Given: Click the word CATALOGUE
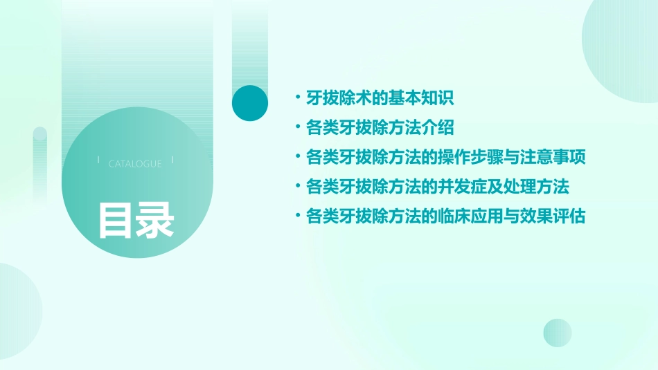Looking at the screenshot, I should [135, 164].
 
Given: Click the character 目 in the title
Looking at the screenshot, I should [116, 220].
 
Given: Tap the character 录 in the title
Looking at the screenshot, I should [155, 220].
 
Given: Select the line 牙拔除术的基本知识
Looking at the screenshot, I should [380, 98].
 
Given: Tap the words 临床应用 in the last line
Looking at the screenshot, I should [470, 217].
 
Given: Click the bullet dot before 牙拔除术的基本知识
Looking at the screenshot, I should [298, 98].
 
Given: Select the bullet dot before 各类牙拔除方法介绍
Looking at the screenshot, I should [298, 128].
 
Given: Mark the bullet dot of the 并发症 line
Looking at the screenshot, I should [298, 187].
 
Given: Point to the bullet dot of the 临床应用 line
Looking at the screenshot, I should [298, 217].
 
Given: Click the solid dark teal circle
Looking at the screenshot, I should [250, 103].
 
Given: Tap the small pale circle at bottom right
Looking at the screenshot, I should [558, 333].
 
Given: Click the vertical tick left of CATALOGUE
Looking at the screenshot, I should [98, 160].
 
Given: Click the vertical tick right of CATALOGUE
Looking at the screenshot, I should [172, 160].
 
